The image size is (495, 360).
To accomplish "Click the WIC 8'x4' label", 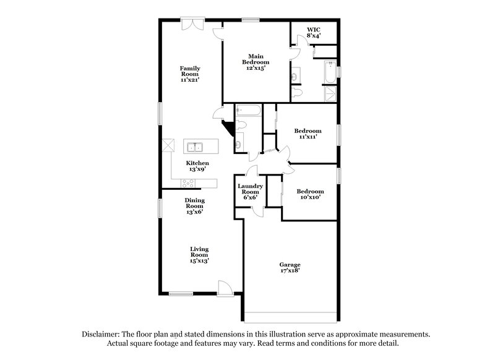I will [x=314, y=32].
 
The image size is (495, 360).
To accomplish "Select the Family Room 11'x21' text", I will [x=190, y=74].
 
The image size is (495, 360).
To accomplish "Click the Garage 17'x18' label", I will [x=290, y=267].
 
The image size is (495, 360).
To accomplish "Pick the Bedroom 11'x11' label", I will [x=308, y=134].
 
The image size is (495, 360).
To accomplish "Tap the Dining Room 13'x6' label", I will [x=194, y=206].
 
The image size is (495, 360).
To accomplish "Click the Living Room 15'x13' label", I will [x=199, y=254].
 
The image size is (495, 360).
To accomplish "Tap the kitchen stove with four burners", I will [x=188, y=182].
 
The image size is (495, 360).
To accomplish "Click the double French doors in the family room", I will [x=191, y=25].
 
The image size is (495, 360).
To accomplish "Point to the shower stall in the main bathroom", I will [x=330, y=94].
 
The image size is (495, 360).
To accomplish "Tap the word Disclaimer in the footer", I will [x=103, y=334].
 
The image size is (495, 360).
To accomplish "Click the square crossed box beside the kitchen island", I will [x=168, y=146].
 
